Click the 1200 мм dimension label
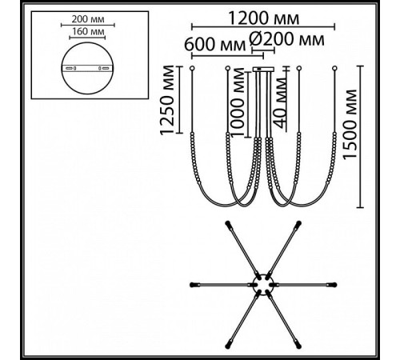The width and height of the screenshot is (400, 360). [264, 18]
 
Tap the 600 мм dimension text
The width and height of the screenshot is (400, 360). [215, 44]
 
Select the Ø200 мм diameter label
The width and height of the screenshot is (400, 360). [286, 39]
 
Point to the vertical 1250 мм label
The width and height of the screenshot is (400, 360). [167, 100]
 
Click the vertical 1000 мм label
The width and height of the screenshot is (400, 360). [238, 102]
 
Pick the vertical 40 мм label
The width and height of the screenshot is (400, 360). [281, 103]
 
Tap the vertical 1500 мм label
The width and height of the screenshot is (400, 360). [350, 125]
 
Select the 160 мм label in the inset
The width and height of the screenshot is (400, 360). [88, 31]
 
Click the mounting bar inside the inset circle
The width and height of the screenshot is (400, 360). [87, 68]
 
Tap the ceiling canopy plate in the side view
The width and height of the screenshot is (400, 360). [263, 69]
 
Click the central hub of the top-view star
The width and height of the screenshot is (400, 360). [263, 285]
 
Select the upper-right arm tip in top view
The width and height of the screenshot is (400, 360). [298, 223]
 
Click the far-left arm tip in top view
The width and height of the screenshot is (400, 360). [191, 285]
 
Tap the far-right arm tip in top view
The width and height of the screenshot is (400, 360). [334, 285]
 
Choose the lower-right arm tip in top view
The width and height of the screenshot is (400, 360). [298, 346]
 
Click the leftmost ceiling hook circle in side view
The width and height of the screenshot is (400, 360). [192, 68]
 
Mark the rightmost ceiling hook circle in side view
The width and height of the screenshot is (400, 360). [334, 68]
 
